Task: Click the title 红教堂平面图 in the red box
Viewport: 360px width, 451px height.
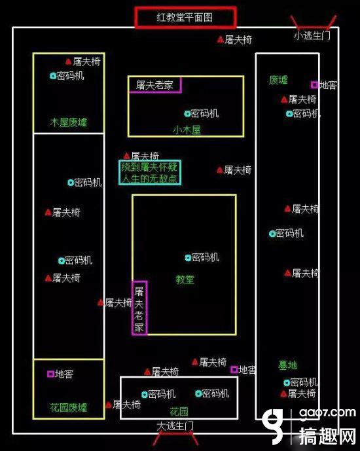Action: click(185, 18)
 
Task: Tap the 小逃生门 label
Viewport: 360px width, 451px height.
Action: click(312, 35)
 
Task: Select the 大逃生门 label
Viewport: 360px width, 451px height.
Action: click(175, 426)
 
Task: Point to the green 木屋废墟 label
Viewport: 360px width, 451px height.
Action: click(69, 122)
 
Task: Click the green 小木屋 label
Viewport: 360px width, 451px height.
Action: click(187, 130)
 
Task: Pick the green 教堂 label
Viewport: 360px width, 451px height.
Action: click(185, 280)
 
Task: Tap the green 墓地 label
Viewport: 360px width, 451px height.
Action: click(287, 365)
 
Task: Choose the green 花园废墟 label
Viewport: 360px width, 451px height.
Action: click(69, 407)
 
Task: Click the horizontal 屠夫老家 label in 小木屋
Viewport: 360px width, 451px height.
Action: click(154, 85)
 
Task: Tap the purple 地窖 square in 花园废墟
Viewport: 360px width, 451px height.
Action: click(50, 374)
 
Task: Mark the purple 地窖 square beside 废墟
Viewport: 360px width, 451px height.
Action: click(315, 85)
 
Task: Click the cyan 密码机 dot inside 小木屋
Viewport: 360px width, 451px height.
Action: click(187, 114)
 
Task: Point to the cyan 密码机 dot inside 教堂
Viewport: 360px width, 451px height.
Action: click(188, 258)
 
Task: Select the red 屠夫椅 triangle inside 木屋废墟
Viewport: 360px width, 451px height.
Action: click(68, 62)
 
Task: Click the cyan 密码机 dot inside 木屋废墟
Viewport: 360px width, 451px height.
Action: click(53, 76)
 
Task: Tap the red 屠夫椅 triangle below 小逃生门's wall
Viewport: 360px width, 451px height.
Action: click(221, 39)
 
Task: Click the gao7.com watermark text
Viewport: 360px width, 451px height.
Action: click(327, 413)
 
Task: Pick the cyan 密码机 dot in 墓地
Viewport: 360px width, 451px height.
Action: click(287, 383)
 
